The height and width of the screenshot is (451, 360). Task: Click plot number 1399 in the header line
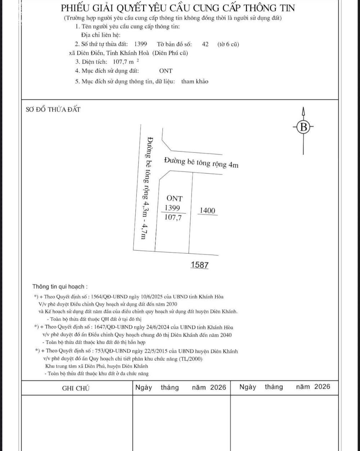140,44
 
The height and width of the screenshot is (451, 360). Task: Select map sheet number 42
206,44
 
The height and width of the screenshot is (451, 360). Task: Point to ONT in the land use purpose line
166,71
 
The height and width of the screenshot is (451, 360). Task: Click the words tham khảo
195,81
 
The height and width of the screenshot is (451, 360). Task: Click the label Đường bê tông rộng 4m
201,162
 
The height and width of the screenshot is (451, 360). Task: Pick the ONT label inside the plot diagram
175,198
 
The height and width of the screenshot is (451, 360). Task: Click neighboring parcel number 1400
208,210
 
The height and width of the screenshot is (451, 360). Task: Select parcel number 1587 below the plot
199,265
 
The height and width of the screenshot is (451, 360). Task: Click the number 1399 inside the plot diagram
172,208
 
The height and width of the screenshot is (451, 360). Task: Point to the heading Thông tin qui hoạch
60,287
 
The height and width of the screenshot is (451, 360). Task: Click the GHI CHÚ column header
76,388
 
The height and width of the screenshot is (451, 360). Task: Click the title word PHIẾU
76,8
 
